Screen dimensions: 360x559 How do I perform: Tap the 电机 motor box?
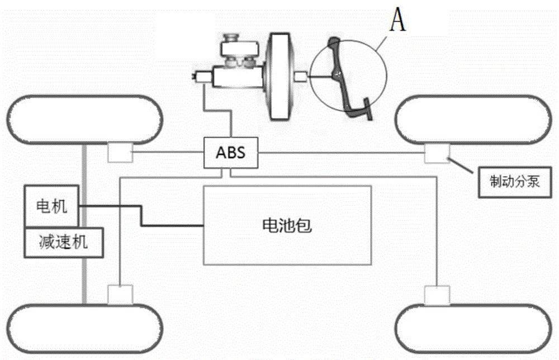click(52, 207)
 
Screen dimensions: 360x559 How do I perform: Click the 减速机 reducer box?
click(63, 243)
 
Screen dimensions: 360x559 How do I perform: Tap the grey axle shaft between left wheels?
click(85, 280)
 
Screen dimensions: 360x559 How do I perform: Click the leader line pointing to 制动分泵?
click(463, 165)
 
